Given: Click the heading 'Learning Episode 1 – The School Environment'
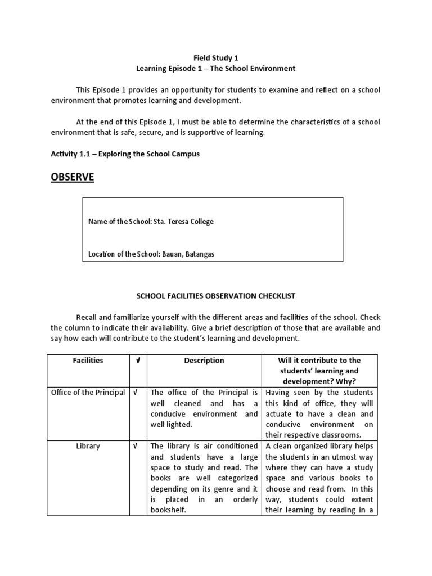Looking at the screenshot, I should (x=215, y=69).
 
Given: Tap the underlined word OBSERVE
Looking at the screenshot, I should (x=73, y=178).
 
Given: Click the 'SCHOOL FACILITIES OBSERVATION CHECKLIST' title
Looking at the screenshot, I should (x=216, y=295).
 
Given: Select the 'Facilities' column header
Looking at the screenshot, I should (x=88, y=361).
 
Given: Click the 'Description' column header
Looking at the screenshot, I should (x=204, y=361).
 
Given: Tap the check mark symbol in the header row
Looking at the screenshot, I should (x=137, y=361).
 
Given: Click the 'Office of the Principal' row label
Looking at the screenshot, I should (x=88, y=393).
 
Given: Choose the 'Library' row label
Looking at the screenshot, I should (x=88, y=446).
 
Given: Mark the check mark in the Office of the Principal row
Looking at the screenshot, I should (x=136, y=393).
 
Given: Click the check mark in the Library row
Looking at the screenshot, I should (x=136, y=446).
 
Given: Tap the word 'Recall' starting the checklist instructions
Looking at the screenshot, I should (x=88, y=317).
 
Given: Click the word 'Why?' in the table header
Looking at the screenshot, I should (x=346, y=382).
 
